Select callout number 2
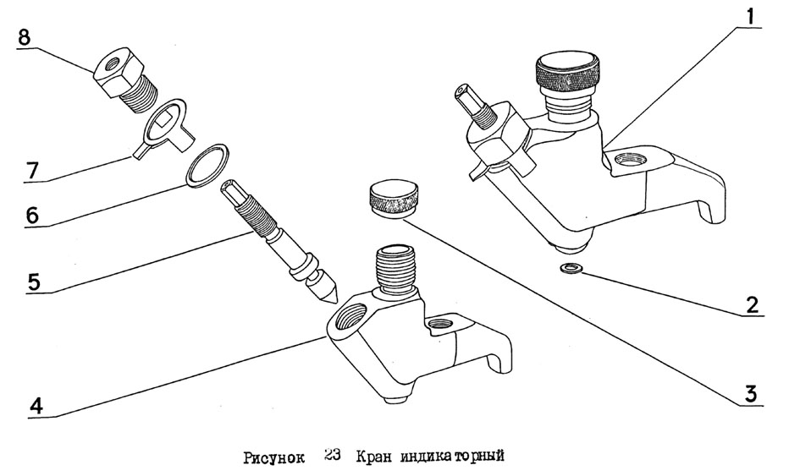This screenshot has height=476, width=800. click(752, 304)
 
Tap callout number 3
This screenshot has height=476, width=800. click(751, 394)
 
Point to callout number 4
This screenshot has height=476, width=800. click(36, 406)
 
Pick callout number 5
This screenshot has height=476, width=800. click(34, 282)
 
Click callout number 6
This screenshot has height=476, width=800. click(32, 215)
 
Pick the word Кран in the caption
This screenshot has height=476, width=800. click(373, 456)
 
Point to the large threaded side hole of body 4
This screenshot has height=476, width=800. click(353, 316)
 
